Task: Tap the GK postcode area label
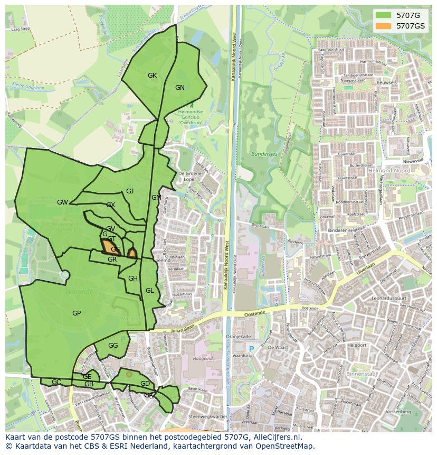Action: click(152, 76)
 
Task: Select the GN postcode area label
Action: click(180, 88)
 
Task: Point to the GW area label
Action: click(62, 202)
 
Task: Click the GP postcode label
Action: click(77, 313)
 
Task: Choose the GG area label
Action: click(113, 346)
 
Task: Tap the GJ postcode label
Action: click(130, 191)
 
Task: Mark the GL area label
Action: click(150, 291)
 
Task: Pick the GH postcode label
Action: click(133, 278)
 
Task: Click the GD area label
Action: click(145, 384)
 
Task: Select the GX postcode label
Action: click(111, 205)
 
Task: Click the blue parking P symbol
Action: click(251, 349)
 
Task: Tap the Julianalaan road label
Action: click(183, 328)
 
